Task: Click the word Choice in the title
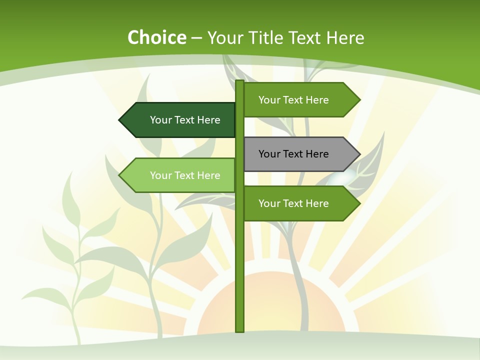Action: [156, 38]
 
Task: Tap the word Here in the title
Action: [345, 38]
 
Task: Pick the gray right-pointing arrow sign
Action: [297, 154]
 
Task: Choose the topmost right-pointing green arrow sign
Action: [297, 100]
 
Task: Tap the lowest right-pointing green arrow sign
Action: [297, 203]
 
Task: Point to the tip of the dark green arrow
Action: [120, 120]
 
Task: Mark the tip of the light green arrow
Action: [120, 175]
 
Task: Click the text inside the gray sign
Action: [293, 154]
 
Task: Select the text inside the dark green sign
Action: [185, 120]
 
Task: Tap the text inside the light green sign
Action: [185, 175]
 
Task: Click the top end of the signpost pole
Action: [239, 82]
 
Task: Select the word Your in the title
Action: [224, 38]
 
